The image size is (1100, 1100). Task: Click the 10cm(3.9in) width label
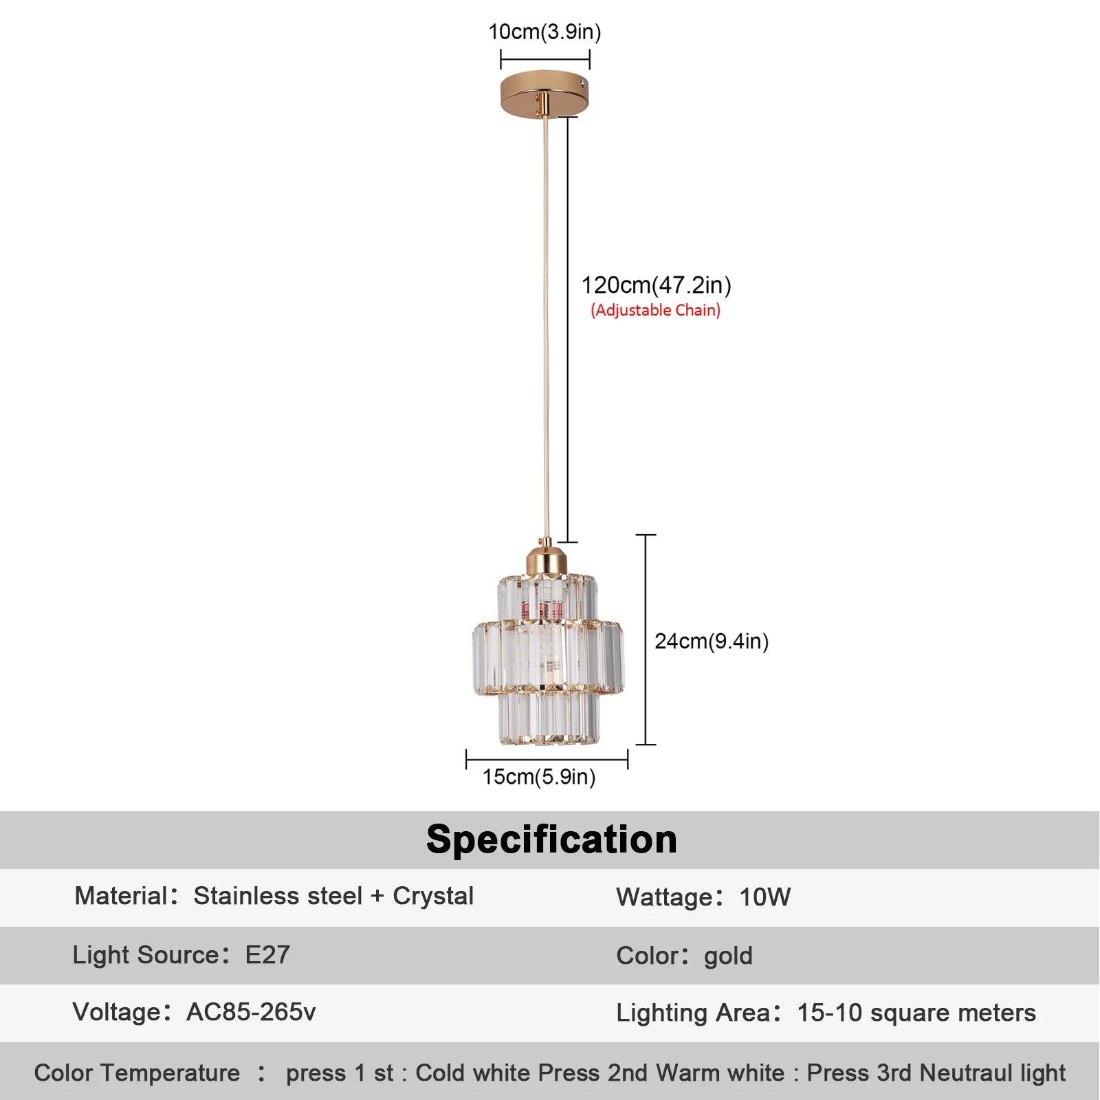[x=544, y=32]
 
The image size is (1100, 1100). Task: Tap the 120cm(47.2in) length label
[x=656, y=285]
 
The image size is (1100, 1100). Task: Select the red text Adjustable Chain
[x=655, y=310]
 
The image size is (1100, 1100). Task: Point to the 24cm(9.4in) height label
[x=711, y=641]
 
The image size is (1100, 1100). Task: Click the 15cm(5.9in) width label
[x=538, y=777]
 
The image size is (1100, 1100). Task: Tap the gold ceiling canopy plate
[x=544, y=94]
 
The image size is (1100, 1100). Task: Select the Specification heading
[x=551, y=839]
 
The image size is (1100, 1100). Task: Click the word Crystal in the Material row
[x=433, y=896]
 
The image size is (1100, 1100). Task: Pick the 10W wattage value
[x=764, y=897]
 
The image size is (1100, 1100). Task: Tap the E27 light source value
[x=267, y=955]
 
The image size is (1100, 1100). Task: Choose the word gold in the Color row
[x=728, y=956]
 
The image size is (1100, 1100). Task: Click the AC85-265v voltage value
[x=251, y=1012]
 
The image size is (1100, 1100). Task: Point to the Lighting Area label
[x=692, y=1013]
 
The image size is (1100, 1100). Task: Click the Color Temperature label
[x=137, y=1072]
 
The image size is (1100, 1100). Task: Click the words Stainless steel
[x=278, y=896]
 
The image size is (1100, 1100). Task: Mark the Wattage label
[x=664, y=897]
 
